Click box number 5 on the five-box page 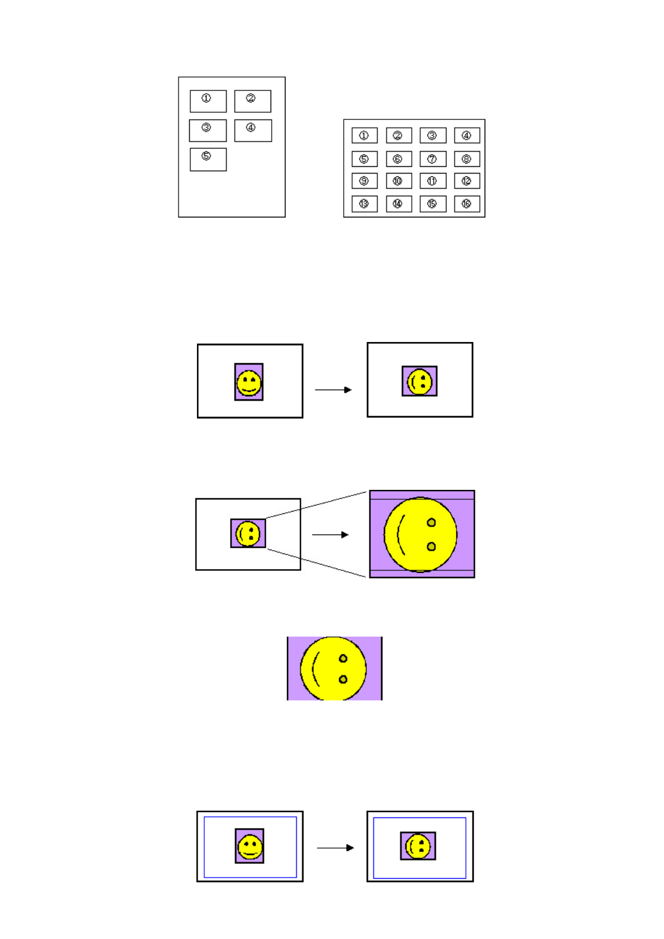pyautogui.click(x=208, y=159)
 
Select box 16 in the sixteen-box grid pyautogui.click(x=466, y=204)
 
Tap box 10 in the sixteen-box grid pyautogui.click(x=398, y=181)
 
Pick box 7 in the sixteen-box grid pyautogui.click(x=432, y=159)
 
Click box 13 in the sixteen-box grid pyautogui.click(x=364, y=204)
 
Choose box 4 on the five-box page pyautogui.click(x=253, y=131)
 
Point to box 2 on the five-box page pyautogui.click(x=253, y=101)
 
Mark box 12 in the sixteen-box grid pyautogui.click(x=466, y=181)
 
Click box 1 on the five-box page pyautogui.click(x=208, y=101)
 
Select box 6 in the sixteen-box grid pyautogui.click(x=398, y=159)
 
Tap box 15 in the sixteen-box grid pyautogui.click(x=432, y=204)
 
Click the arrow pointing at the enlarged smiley pyautogui.click(x=330, y=534)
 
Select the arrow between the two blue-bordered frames pyautogui.click(x=335, y=847)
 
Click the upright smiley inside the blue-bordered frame pyautogui.click(x=249, y=846)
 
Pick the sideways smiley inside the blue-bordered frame pyautogui.click(x=418, y=846)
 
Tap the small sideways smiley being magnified pyautogui.click(x=248, y=533)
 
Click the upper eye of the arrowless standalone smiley pyautogui.click(x=343, y=658)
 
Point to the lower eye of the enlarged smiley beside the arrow pyautogui.click(x=431, y=546)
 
